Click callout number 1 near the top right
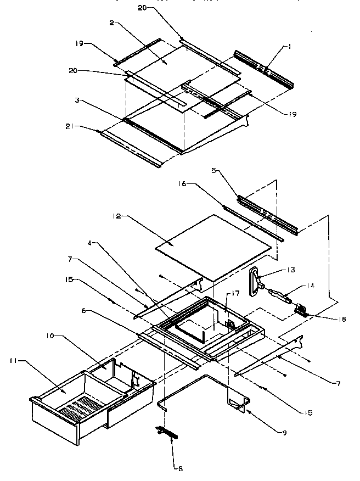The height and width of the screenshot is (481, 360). point(290,47)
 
